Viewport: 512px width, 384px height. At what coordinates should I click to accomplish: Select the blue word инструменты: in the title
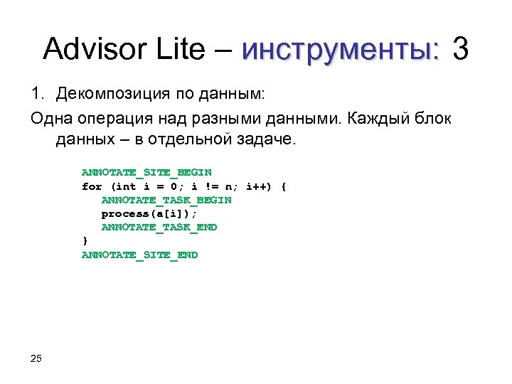pyautogui.click(x=341, y=50)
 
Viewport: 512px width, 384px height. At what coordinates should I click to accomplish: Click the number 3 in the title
pyautogui.click(x=461, y=50)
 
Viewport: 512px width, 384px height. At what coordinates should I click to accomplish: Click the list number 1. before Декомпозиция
pyautogui.click(x=38, y=94)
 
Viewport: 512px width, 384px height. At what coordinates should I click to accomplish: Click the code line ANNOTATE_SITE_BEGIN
pyautogui.click(x=146, y=173)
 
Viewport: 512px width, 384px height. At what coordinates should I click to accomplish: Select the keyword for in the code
pyautogui.click(x=92, y=186)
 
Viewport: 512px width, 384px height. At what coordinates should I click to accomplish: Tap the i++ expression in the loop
pyautogui.click(x=259, y=186)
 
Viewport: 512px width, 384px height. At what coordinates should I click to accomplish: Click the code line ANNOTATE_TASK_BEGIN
pyautogui.click(x=166, y=200)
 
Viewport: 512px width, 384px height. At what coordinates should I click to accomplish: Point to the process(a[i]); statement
pyautogui.click(x=149, y=213)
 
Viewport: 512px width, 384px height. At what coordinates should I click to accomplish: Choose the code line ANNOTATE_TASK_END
pyautogui.click(x=159, y=228)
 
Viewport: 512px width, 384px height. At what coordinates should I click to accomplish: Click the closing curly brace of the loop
pyautogui.click(x=85, y=241)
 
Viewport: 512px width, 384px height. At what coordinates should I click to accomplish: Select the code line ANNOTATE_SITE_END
pyautogui.click(x=139, y=255)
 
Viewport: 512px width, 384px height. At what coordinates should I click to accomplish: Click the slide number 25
pyautogui.click(x=37, y=358)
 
